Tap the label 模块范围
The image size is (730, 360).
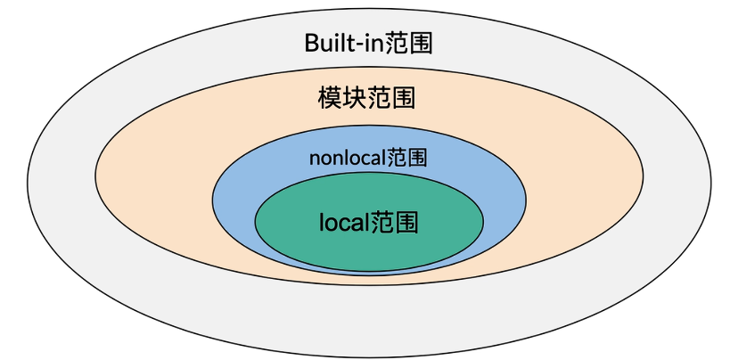366,96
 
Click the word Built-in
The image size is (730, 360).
344,43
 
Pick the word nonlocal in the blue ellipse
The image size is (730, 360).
347,159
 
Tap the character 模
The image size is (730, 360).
330,96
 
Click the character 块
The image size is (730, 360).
354,96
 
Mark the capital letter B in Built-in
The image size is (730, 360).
311,43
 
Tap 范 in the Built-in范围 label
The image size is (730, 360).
397,43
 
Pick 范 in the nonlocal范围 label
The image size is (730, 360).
397,159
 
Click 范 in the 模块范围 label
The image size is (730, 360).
379,96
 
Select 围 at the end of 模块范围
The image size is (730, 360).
403,96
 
